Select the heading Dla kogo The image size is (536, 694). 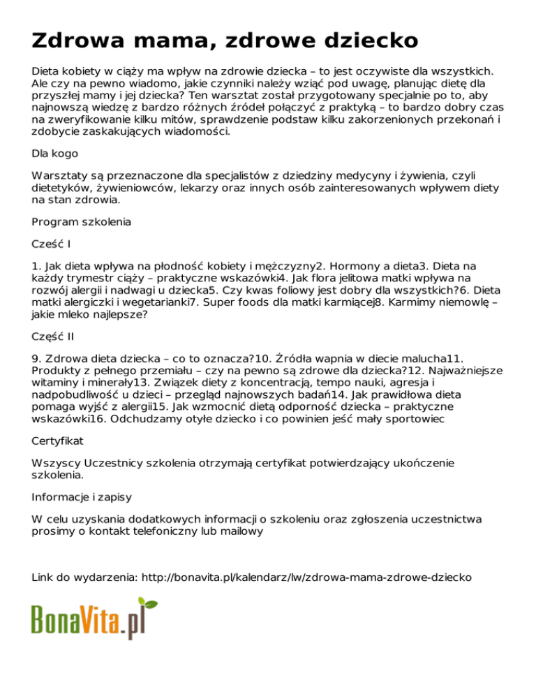click(x=55, y=153)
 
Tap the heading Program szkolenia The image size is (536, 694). click(x=82, y=222)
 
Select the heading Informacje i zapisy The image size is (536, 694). click(x=82, y=497)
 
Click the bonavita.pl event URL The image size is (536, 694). click(x=307, y=577)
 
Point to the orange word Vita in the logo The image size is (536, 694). click(x=105, y=620)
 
